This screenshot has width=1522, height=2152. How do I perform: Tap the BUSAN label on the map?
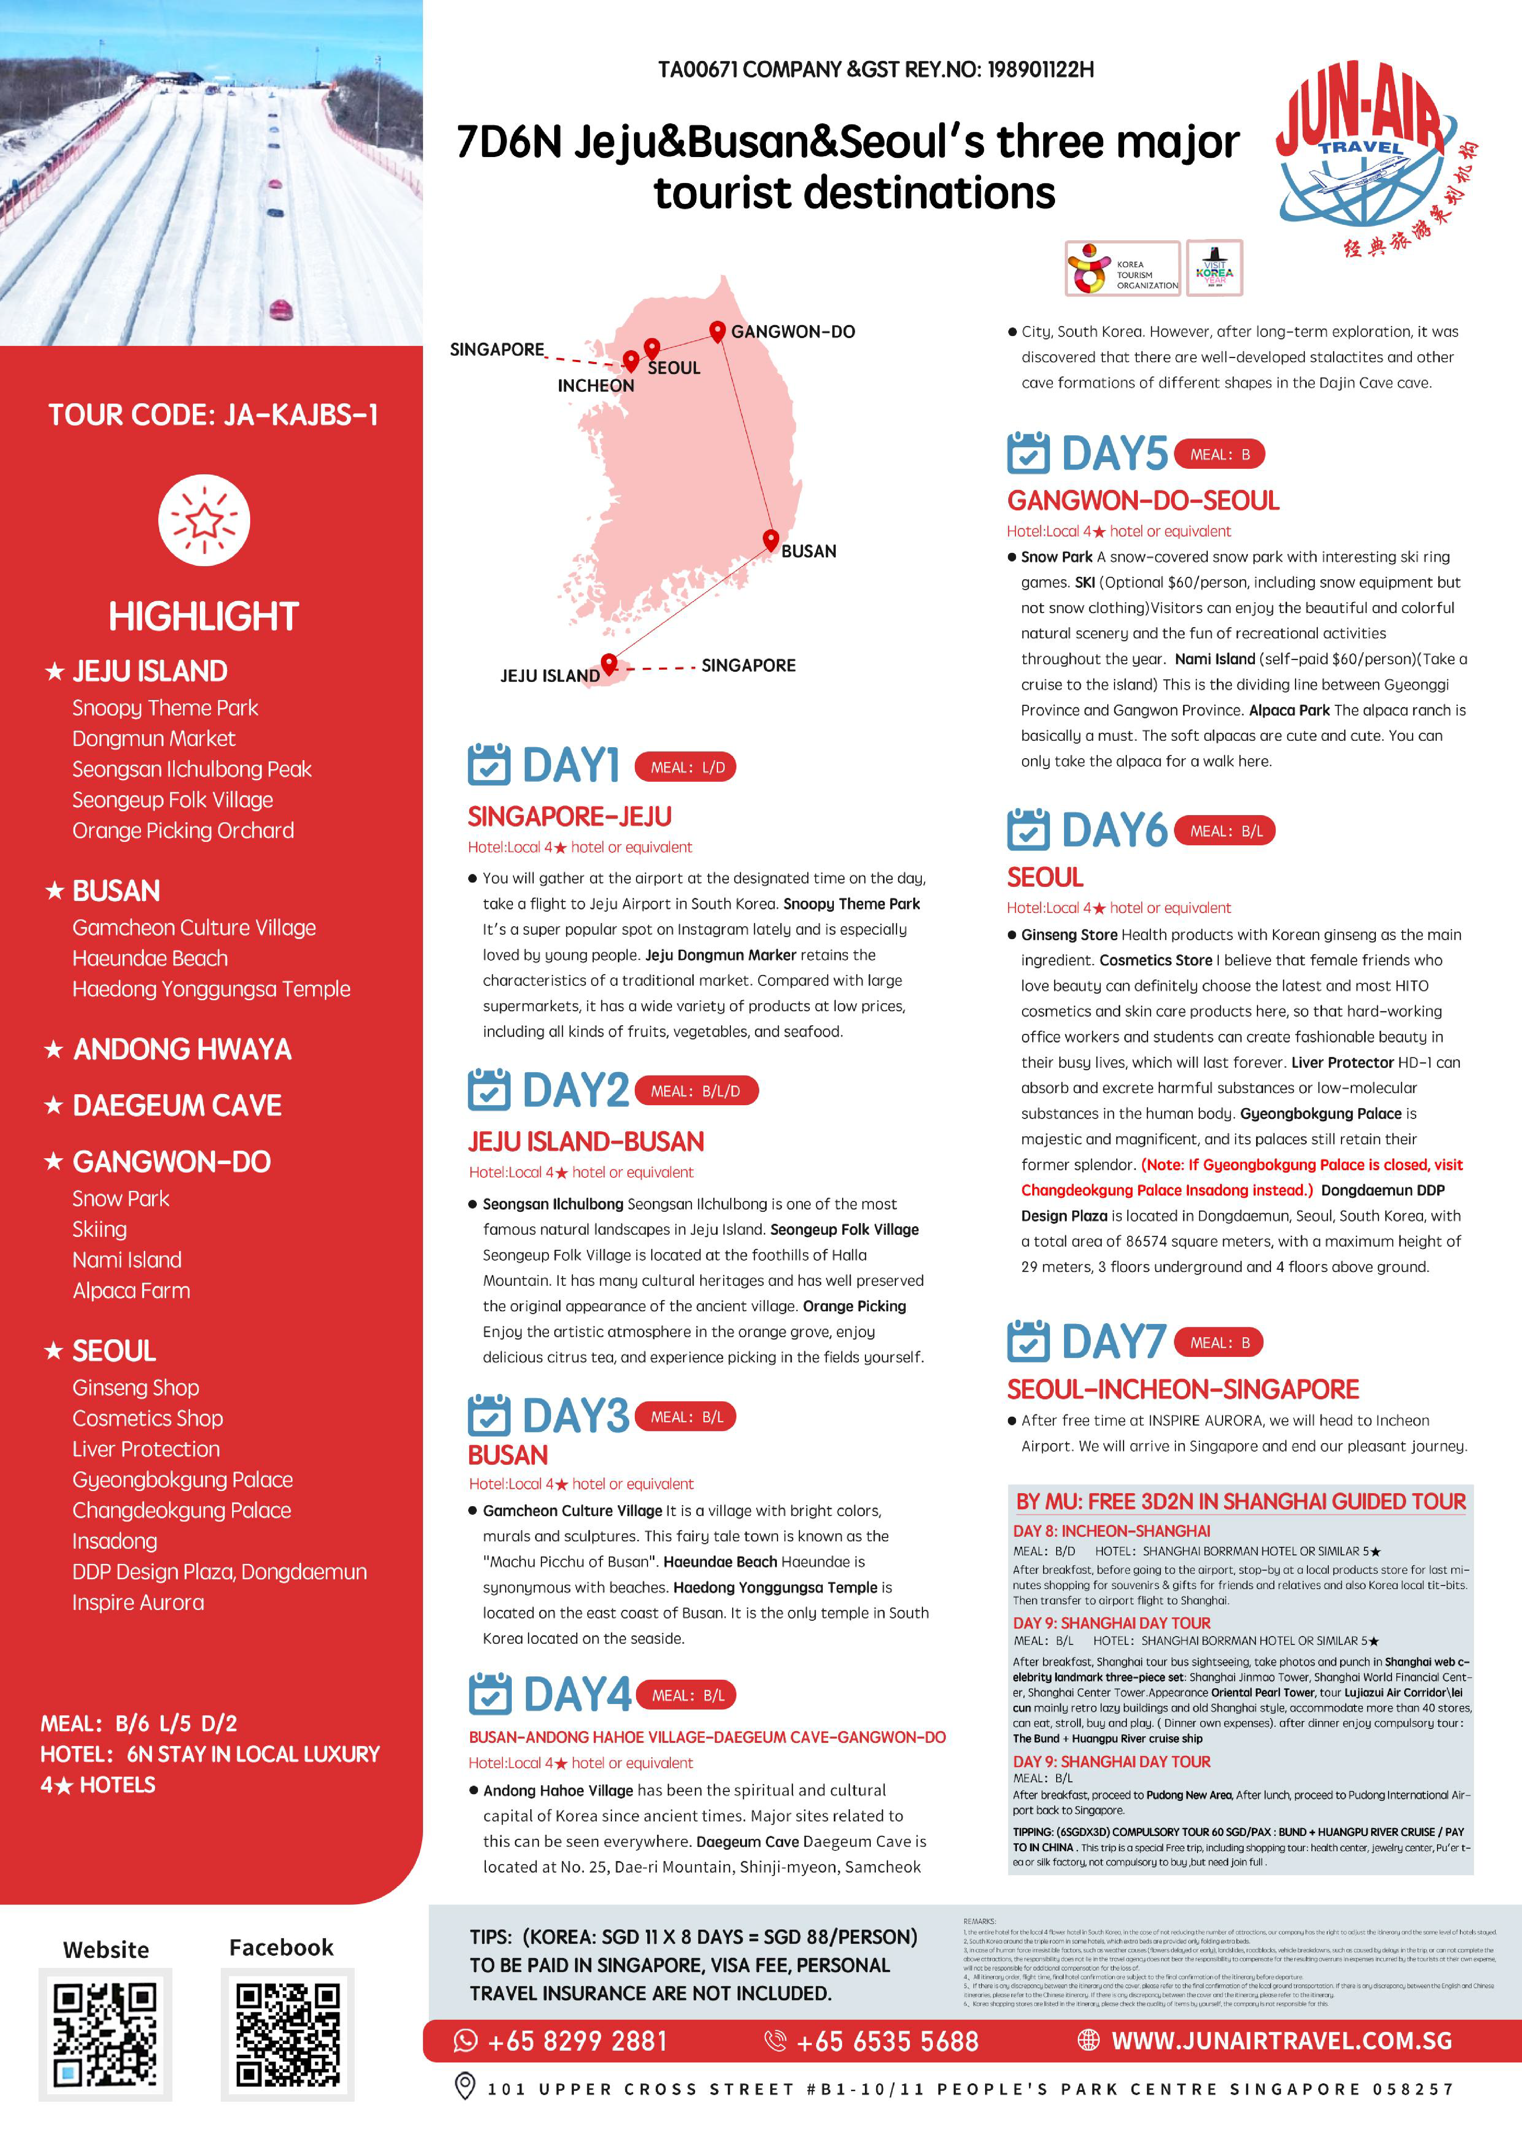[808, 551]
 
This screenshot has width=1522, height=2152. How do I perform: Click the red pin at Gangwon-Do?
[717, 331]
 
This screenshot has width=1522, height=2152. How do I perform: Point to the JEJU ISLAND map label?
[549, 676]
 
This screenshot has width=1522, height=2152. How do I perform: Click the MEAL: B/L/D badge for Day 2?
[696, 1091]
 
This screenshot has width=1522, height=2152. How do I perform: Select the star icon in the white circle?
[203, 520]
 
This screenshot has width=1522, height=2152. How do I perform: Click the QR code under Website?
[105, 2034]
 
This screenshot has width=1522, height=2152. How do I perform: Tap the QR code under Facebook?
[287, 2034]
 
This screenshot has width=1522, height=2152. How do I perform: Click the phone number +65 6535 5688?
[886, 2041]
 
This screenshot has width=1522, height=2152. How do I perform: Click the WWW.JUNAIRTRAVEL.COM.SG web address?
[1281, 2041]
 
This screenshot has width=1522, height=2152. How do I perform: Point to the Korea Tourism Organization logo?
[1123, 269]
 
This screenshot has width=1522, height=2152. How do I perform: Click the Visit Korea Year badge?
[1214, 269]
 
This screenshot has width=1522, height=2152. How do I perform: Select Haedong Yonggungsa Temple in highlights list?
[211, 989]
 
